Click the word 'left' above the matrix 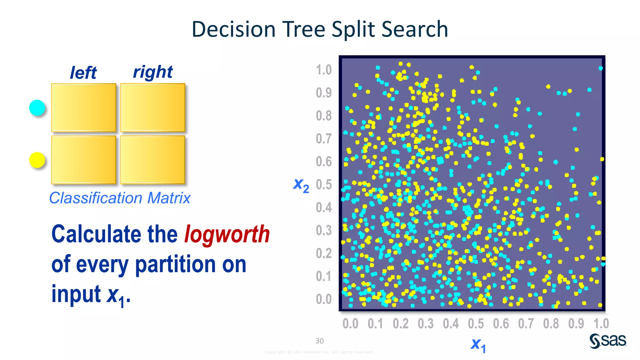(x=83, y=73)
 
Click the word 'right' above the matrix (x=153, y=72)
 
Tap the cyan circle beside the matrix (x=37, y=108)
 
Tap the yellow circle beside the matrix (x=37, y=160)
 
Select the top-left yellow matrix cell (x=83, y=107)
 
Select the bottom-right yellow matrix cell (x=152, y=160)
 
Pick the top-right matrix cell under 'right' (x=152, y=107)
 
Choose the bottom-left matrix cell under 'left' (x=83, y=160)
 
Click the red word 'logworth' (x=227, y=234)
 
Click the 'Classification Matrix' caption (x=120, y=198)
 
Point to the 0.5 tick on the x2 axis (x=323, y=185)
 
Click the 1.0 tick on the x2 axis (x=323, y=70)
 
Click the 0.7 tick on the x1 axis (x=526, y=324)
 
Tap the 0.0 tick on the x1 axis (x=350, y=324)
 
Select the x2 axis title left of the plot (x=301, y=185)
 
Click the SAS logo (x=608, y=341)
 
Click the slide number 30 (x=319, y=341)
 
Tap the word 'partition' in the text (x=175, y=264)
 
